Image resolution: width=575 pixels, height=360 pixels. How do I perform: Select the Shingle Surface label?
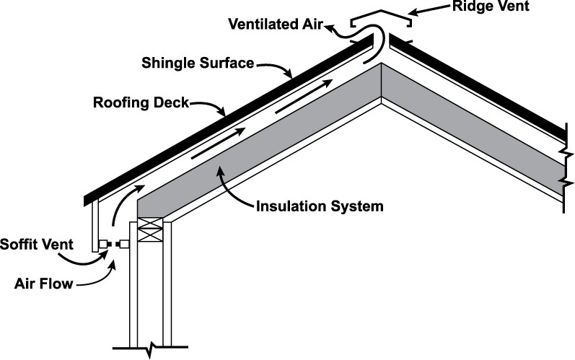click(x=197, y=63)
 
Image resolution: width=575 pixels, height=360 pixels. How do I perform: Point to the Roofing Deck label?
click(x=141, y=102)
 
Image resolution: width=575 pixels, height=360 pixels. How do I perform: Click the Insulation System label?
click(x=320, y=207)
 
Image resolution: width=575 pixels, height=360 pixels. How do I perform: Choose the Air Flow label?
click(x=44, y=284)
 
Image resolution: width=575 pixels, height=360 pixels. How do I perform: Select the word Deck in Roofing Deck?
click(x=172, y=102)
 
